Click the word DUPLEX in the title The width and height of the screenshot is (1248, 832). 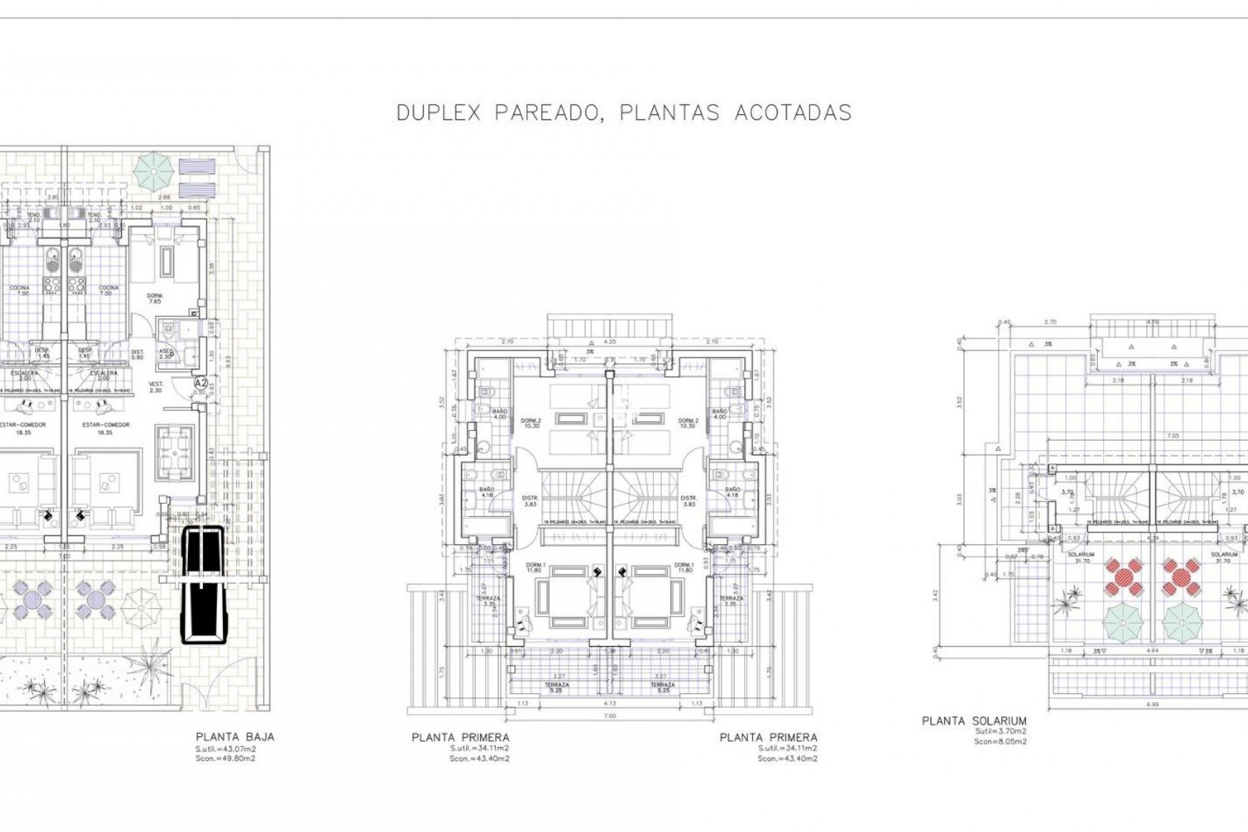tap(438, 112)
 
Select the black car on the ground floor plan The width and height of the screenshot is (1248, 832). tap(203, 585)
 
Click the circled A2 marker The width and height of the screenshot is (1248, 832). tap(201, 383)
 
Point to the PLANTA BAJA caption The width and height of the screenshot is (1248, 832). tap(235, 736)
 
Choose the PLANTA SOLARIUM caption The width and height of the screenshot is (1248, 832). tap(974, 720)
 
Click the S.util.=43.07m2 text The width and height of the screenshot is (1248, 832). tap(226, 748)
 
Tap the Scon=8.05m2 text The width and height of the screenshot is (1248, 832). tap(1000, 741)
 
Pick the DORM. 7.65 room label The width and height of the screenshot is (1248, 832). tap(155, 298)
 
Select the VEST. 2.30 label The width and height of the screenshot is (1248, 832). tap(155, 387)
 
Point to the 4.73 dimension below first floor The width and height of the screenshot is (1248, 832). tap(609, 703)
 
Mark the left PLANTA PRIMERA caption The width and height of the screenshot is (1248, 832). tap(460, 737)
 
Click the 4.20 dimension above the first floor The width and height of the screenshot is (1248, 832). tap(609, 341)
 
